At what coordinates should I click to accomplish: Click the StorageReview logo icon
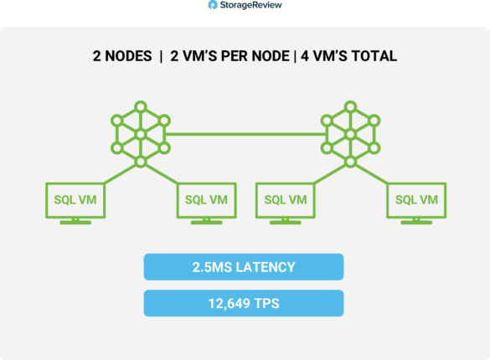click(x=213, y=5)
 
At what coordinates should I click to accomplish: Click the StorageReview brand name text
click(x=251, y=5)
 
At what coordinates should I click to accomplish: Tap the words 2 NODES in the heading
click(x=122, y=56)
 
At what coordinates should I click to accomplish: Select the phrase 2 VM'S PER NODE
click(x=230, y=56)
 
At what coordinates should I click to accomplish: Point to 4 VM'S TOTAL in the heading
click(x=348, y=56)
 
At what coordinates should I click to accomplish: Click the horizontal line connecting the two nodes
click(x=245, y=134)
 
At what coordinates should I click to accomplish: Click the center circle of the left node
click(x=141, y=134)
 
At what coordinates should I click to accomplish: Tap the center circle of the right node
click(x=351, y=134)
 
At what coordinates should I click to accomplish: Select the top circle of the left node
click(x=141, y=107)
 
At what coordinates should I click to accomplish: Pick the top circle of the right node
click(x=351, y=107)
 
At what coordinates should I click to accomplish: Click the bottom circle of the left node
click(x=141, y=162)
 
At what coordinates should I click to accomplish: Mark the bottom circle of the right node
click(x=351, y=162)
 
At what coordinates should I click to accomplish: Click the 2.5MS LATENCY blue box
click(x=244, y=267)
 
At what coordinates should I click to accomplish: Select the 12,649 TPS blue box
click(x=244, y=303)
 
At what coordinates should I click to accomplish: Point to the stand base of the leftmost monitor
click(x=75, y=223)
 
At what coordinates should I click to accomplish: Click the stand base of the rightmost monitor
click(x=416, y=223)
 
